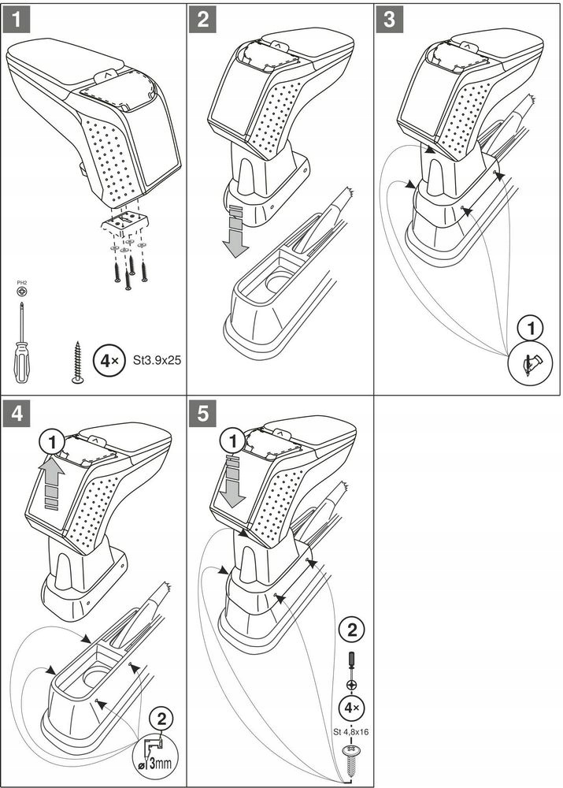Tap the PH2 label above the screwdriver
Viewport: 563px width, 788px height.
(21, 282)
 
